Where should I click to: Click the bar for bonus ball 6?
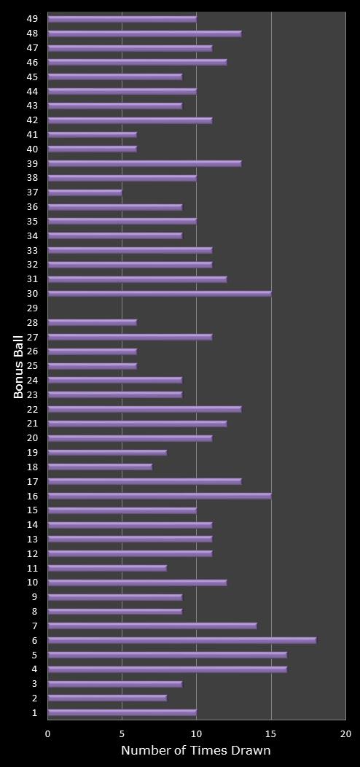[182, 640]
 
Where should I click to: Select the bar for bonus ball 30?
[160, 294]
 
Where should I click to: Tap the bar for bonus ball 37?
[85, 192]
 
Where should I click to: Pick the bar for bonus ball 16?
[160, 496]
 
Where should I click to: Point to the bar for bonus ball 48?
[144, 34]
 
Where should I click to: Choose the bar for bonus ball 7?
[152, 626]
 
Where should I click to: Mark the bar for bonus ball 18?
[100, 467]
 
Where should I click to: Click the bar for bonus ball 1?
[122, 712]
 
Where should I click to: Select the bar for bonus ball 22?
[144, 409]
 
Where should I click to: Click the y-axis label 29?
[33, 308]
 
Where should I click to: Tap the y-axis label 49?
[33, 19]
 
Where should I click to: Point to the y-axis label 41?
[33, 135]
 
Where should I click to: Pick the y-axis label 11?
[33, 568]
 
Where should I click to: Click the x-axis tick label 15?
[271, 733]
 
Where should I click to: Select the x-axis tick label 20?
[345, 733]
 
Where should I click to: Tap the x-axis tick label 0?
[48, 733]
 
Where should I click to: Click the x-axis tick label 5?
[122, 733]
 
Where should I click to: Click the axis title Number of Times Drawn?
[195, 751]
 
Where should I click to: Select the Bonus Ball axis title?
[19, 366]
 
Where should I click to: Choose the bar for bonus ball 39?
[144, 163]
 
